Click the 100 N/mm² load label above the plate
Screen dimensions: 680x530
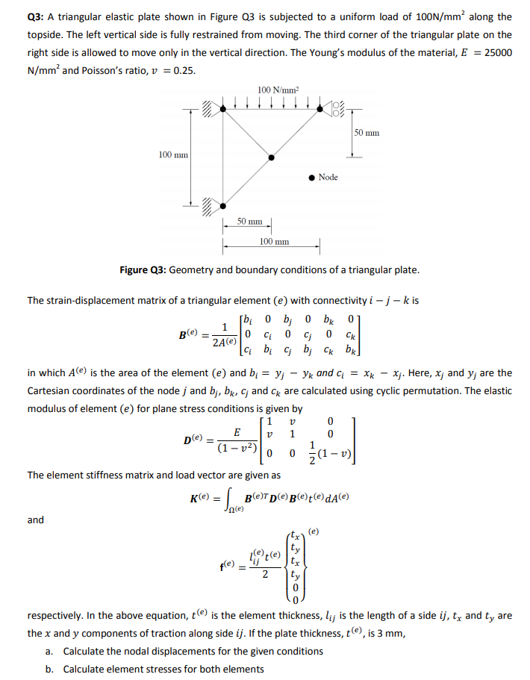point(277,90)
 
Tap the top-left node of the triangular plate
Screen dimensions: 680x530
point(222,110)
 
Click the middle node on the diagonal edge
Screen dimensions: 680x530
point(271,157)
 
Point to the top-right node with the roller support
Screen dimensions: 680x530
point(319,110)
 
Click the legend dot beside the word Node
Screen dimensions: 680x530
point(310,177)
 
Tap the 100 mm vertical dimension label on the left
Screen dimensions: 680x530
point(172,155)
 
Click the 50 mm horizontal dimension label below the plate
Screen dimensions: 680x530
point(249,222)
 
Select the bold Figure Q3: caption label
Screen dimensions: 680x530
point(143,269)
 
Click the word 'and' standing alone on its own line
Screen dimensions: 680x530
point(35,520)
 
